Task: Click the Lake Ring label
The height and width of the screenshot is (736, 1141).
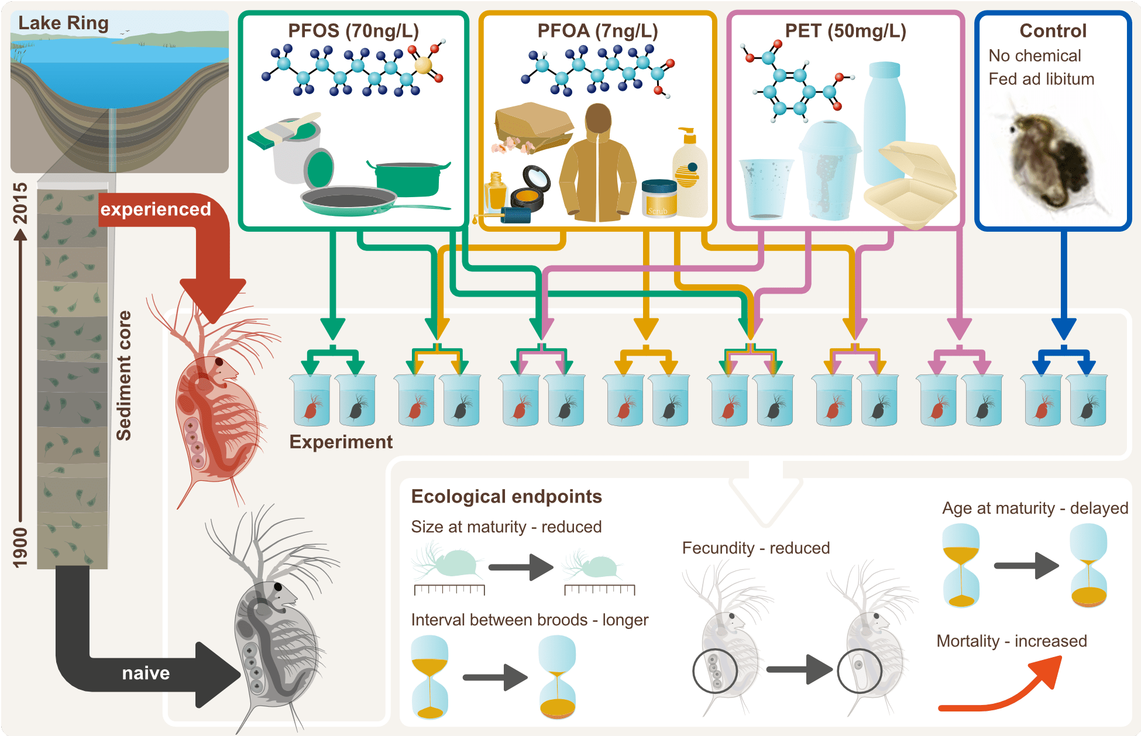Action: [63, 23]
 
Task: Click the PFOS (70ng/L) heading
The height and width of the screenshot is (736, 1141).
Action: [353, 30]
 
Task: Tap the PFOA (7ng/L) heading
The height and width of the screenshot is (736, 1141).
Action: [597, 30]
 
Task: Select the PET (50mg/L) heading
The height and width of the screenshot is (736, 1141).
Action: [846, 30]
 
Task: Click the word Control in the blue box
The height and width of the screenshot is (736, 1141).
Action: [1053, 30]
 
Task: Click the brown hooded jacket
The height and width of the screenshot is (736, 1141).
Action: [597, 167]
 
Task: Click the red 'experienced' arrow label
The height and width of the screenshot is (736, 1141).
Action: [155, 209]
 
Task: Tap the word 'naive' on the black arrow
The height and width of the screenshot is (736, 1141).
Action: [146, 673]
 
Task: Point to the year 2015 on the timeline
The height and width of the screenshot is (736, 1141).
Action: [20, 203]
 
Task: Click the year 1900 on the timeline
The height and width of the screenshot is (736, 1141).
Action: [20, 547]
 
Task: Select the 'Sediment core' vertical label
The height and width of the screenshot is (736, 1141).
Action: [123, 376]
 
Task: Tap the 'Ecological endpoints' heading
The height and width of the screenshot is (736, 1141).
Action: [506, 496]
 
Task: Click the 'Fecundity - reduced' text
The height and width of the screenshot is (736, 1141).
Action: [756, 548]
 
